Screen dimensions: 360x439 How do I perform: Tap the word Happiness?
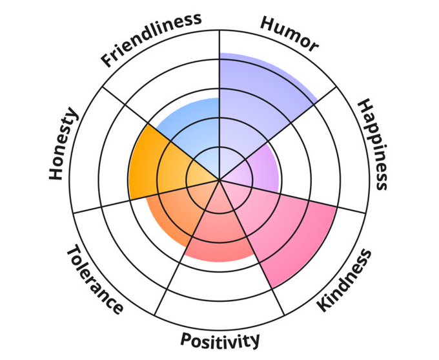(x=373, y=144)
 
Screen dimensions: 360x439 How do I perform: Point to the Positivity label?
(x=220, y=339)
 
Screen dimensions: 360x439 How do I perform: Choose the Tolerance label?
(x=94, y=279)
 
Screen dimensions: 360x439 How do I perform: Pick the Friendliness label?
(x=150, y=39)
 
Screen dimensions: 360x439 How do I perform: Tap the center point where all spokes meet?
(x=219, y=180)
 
